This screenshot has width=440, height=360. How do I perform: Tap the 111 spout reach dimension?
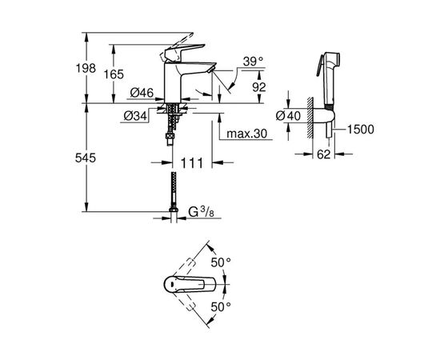point(187,163)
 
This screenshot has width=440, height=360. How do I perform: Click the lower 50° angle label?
point(220,306)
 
